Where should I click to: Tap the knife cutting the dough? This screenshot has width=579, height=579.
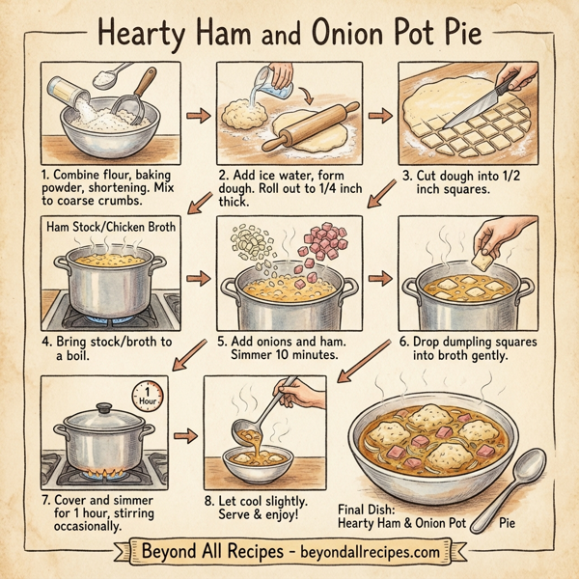click(x=494, y=106)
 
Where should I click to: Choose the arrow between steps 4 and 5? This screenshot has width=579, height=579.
click(x=197, y=279)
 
